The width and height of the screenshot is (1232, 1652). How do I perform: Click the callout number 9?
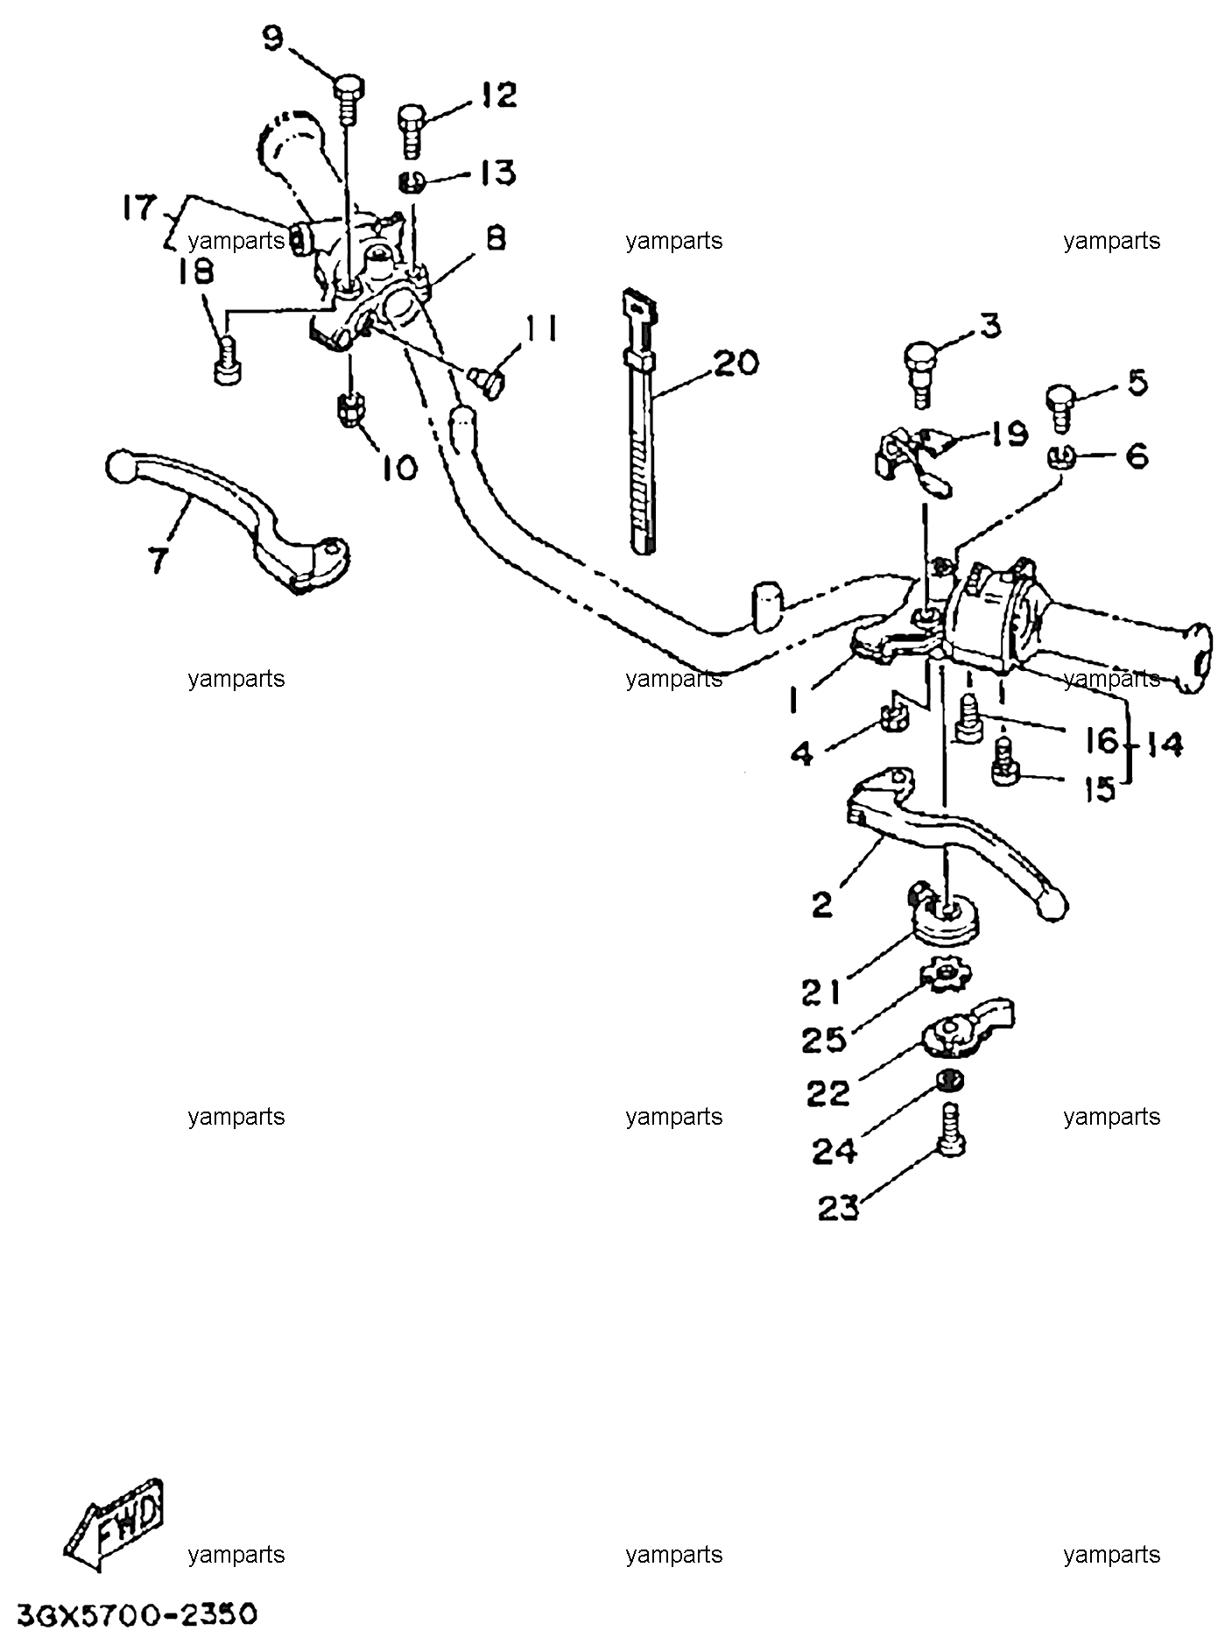(x=273, y=39)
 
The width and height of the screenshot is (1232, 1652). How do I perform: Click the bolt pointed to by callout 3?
(x=920, y=372)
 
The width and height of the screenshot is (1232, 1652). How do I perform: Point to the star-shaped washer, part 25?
(x=942, y=975)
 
